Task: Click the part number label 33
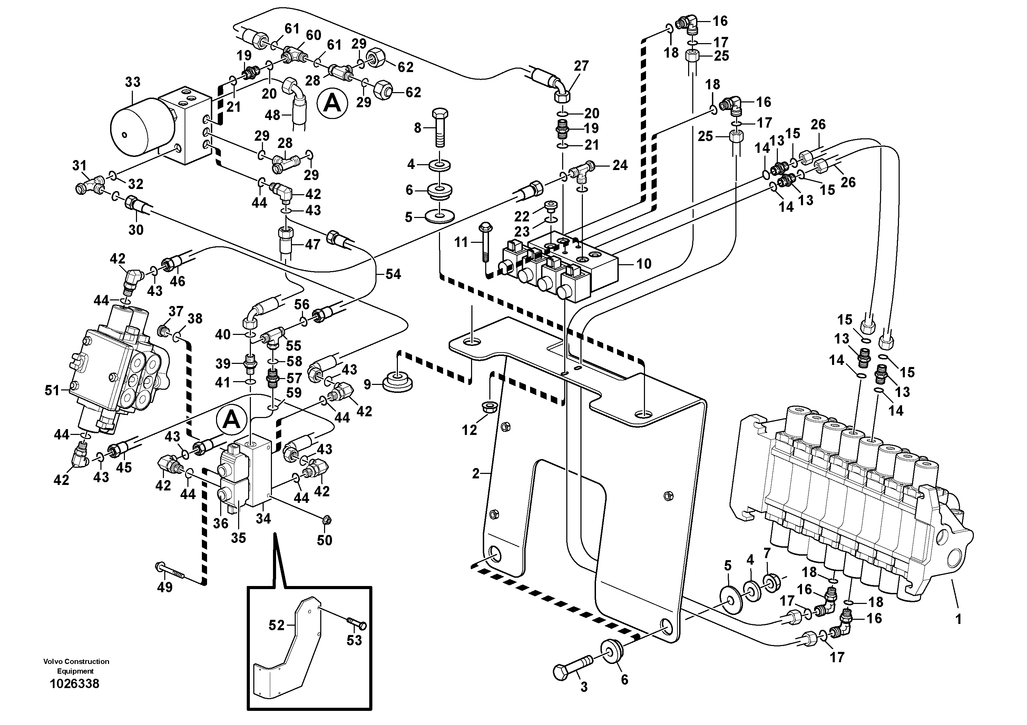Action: tap(133, 82)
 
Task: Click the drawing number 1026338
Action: tap(75, 684)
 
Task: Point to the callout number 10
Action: tap(644, 264)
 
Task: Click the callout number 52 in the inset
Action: tap(276, 625)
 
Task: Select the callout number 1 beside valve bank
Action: tap(958, 619)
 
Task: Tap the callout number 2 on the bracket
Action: tap(476, 473)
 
